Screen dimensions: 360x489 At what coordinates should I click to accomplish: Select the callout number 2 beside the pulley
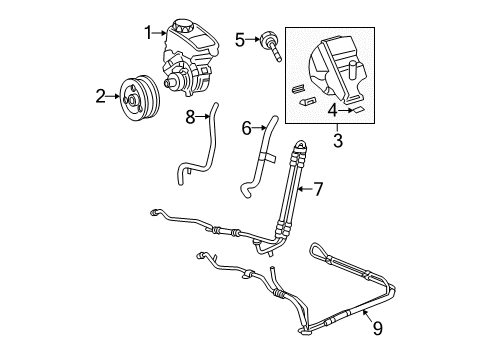pyautogui.click(x=100, y=97)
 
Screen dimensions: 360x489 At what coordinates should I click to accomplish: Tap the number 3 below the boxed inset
pyautogui.click(x=337, y=141)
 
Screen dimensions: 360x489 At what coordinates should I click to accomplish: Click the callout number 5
pyautogui.click(x=239, y=39)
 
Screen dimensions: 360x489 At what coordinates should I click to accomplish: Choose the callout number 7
pyautogui.click(x=319, y=187)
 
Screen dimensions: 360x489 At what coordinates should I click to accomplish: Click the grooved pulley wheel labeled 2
pyautogui.click(x=133, y=97)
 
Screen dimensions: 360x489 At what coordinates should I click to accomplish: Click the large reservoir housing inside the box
pyautogui.click(x=340, y=65)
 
